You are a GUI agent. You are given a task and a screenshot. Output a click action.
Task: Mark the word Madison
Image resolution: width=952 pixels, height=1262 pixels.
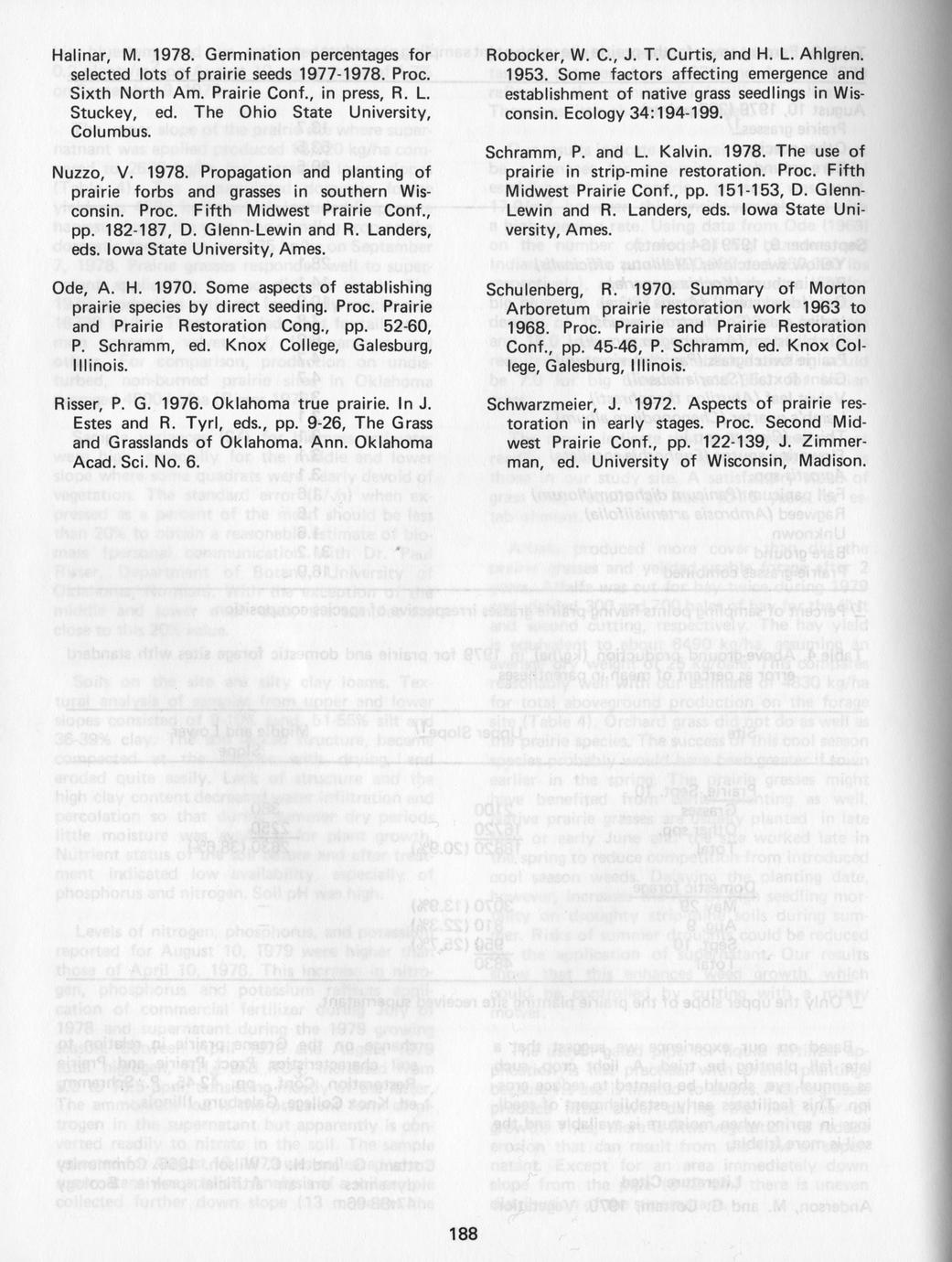[829, 462]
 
